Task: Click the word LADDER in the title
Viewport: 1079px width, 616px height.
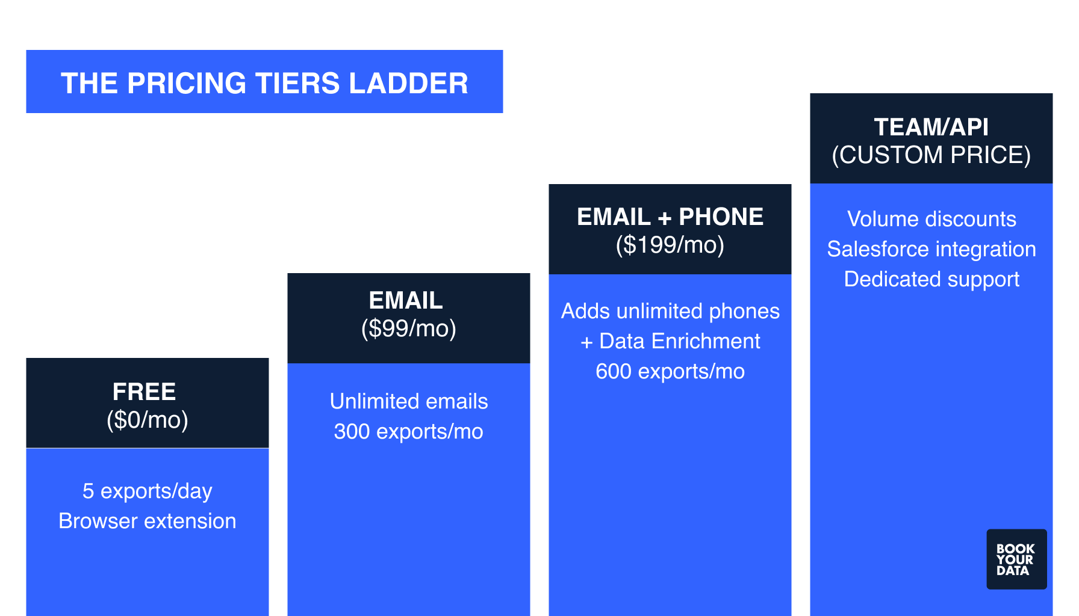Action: tap(408, 83)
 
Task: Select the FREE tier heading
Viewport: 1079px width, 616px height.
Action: tap(145, 392)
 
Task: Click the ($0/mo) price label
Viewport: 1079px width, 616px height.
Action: tap(148, 420)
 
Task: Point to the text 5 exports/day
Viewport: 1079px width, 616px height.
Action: tap(148, 491)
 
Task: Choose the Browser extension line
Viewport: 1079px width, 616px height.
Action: tap(148, 521)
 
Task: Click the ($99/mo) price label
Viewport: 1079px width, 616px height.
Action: tap(409, 328)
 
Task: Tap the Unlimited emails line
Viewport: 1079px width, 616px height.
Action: tap(409, 401)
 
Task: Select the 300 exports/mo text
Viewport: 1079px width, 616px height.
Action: tap(409, 431)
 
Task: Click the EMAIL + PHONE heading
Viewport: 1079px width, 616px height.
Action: tap(670, 217)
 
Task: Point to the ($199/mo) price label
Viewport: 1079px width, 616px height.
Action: tap(670, 245)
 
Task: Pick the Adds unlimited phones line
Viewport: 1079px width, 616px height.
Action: tap(670, 311)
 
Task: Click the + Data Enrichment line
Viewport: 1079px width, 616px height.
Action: tap(670, 341)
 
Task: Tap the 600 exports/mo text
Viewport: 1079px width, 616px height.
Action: tap(670, 371)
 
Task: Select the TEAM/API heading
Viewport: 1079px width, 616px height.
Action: tap(931, 127)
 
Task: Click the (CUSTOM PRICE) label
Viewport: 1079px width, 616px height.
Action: tap(931, 155)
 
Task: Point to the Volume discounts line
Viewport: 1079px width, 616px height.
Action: tap(931, 219)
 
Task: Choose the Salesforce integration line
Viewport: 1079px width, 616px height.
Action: tap(931, 249)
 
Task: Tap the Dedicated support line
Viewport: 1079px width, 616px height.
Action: tap(931, 279)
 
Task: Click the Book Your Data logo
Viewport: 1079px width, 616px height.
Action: tap(1016, 559)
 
